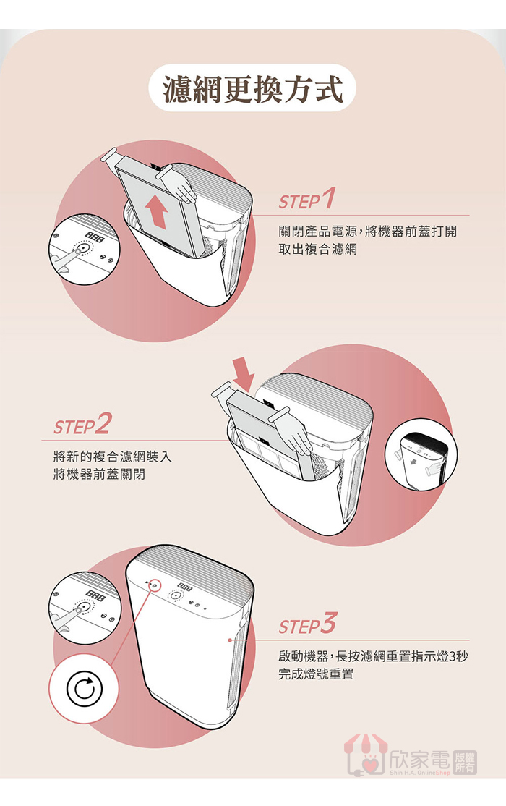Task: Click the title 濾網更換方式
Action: pos(252,88)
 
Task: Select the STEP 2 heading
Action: pos(82,423)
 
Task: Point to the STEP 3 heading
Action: pos(307,624)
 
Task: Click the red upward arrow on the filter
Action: pos(158,211)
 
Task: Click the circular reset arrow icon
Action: pos(85,689)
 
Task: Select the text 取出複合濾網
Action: pos(317,249)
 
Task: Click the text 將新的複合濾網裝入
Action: pos(113,456)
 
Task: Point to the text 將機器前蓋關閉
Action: pos(99,473)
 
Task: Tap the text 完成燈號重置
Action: pos(316,674)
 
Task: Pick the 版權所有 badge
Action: pos(465,763)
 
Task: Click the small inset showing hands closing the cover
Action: pos(421,454)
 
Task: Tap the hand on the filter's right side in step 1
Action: pos(176,185)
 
